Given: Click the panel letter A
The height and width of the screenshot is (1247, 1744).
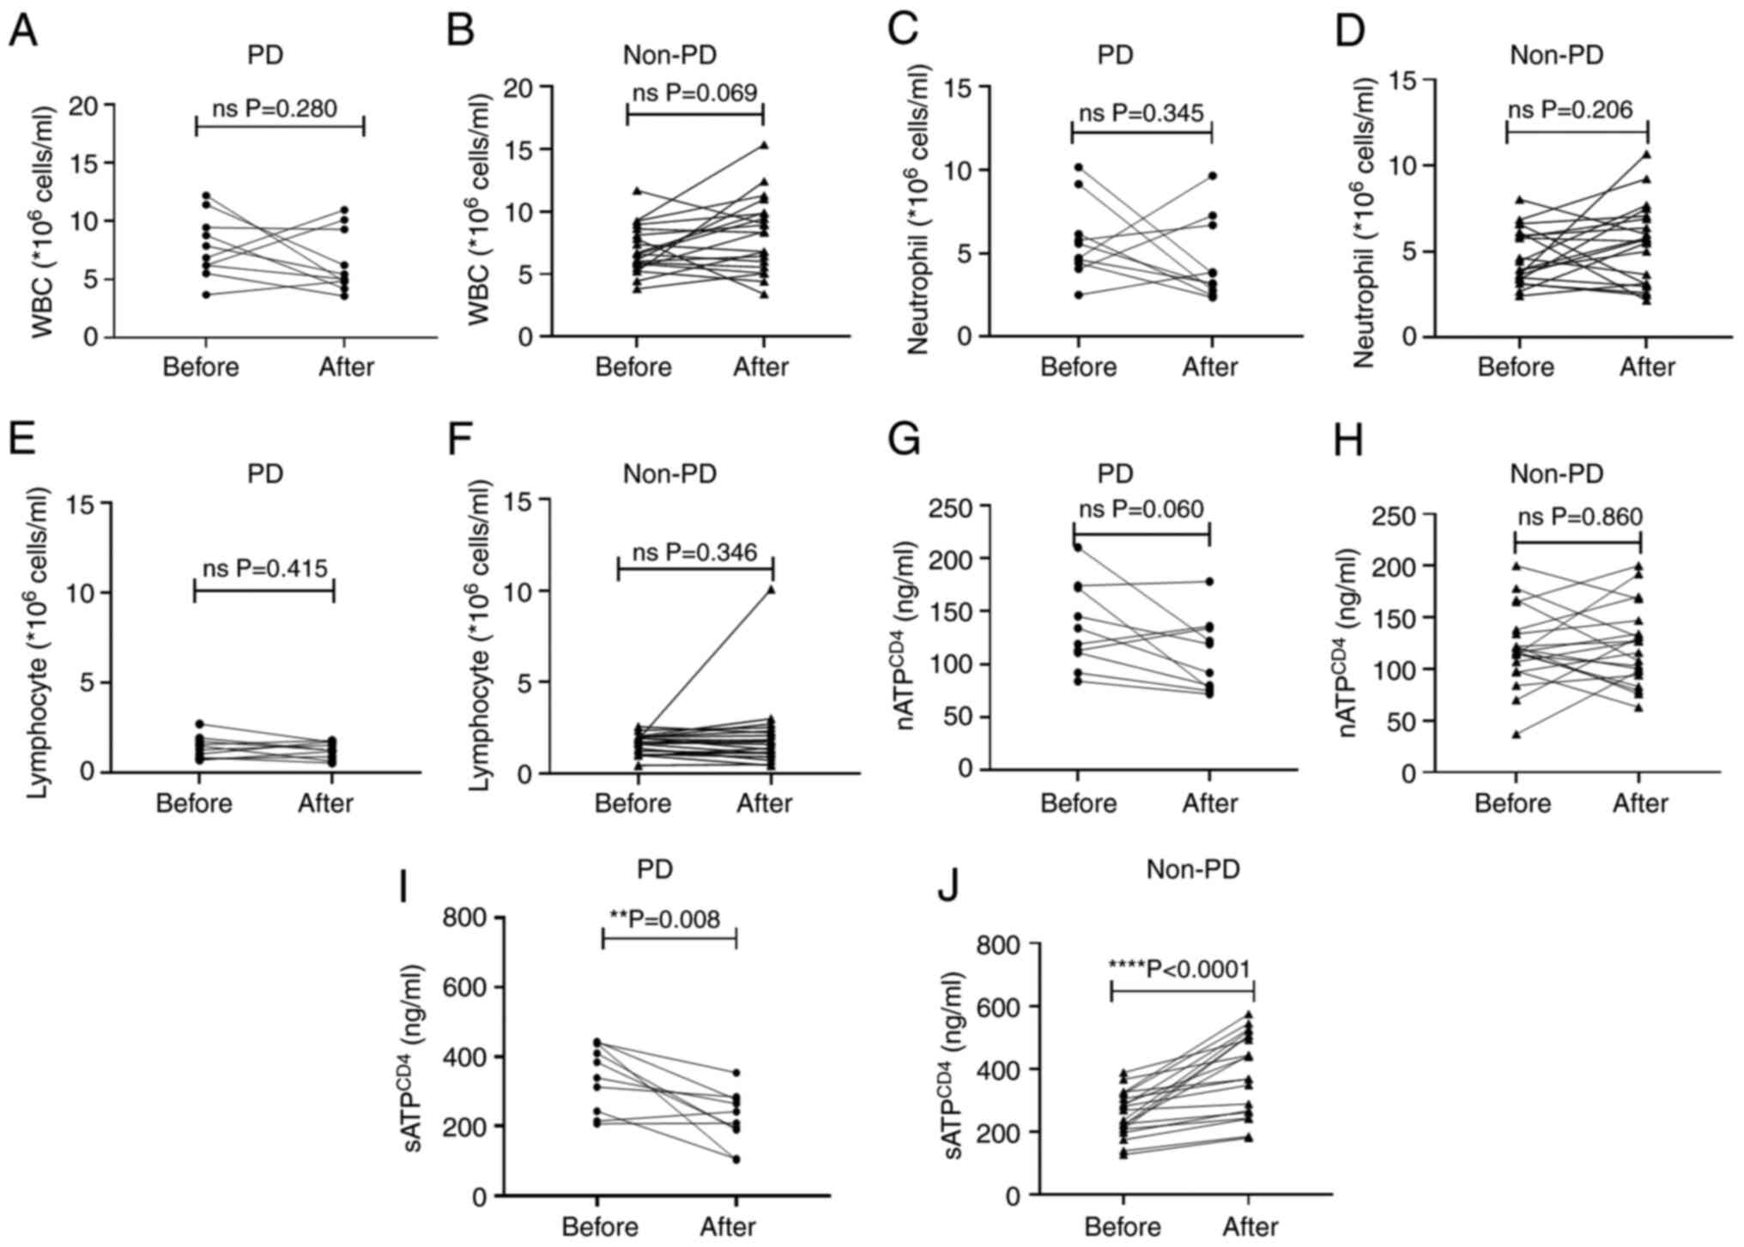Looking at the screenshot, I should [23, 33].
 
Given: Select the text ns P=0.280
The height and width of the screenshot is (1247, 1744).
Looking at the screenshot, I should [275, 109].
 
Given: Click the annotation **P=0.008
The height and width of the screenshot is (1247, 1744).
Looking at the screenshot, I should [664, 919].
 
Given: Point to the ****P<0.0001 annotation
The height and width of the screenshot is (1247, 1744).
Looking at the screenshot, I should [1179, 969].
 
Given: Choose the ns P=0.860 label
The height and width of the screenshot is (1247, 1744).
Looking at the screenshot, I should [1579, 517].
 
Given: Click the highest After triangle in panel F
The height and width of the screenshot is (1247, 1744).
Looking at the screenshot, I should [771, 590].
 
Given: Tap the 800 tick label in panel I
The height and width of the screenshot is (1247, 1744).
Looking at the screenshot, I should [464, 918].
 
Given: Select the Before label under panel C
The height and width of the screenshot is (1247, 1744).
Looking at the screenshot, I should [1078, 367].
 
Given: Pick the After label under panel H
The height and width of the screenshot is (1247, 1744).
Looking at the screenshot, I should [1640, 803].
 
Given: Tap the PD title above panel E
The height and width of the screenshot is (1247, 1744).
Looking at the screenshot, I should [265, 474].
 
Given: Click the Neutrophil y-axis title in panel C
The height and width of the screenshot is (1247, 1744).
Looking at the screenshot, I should [920, 209].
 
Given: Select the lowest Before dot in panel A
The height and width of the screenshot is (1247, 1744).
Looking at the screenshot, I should [206, 294].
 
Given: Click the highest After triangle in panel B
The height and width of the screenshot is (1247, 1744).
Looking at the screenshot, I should [764, 145].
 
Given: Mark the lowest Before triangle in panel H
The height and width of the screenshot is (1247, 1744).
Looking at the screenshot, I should [1517, 735].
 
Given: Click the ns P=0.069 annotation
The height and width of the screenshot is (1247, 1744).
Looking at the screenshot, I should [695, 93].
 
